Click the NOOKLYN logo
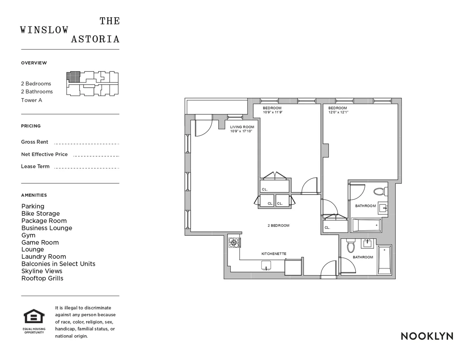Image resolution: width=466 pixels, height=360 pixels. coord(427,336)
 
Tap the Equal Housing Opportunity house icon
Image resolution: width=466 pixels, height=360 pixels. coord(35,317)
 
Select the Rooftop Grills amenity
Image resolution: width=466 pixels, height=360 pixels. coord(42,278)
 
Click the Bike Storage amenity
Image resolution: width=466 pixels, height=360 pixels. coord(40,213)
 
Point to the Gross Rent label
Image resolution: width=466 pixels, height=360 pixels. coord(35,142)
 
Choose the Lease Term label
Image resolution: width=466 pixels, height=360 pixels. coord(35,166)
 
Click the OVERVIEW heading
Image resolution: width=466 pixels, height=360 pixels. coord(34,63)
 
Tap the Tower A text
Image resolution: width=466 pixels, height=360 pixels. coord(31,100)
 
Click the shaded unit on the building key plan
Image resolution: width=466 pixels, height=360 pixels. coord(73,76)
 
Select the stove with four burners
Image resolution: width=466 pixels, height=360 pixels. coord(234,242)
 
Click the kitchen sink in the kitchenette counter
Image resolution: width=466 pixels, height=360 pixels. coord(266,265)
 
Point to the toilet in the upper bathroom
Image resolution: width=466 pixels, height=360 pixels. coord(379,191)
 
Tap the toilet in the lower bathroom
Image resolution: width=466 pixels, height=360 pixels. coord(351,246)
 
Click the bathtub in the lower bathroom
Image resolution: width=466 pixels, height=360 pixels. coord(384,259)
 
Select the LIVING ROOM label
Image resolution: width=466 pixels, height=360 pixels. coord(242,127)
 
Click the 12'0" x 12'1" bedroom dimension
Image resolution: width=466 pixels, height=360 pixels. coord(338,112)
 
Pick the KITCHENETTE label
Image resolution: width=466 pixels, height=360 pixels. coord(274,254)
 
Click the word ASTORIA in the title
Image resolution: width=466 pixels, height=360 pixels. coord(95,39)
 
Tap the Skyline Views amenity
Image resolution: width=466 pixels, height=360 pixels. coord(42,271)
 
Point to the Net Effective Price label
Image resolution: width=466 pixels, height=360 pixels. coord(44,154)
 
